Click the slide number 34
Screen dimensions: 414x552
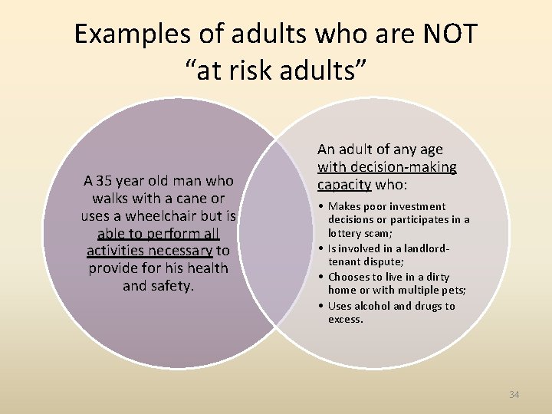(x=514, y=394)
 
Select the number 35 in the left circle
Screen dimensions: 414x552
(x=104, y=182)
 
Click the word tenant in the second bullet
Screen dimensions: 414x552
(x=344, y=261)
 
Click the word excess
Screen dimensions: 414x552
(x=346, y=319)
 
